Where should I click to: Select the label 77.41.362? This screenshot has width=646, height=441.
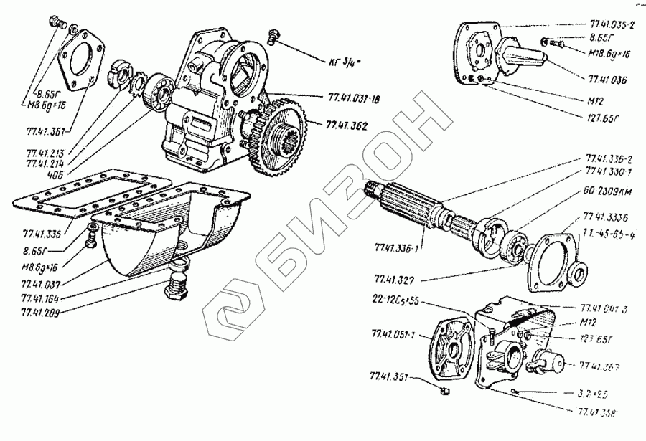347,126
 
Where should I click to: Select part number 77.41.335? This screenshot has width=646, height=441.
39,233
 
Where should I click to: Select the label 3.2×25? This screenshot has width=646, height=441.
595,394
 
